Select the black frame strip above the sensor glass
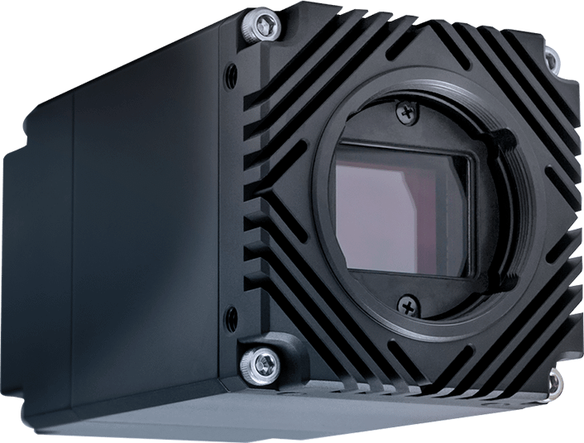[x=405, y=150]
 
